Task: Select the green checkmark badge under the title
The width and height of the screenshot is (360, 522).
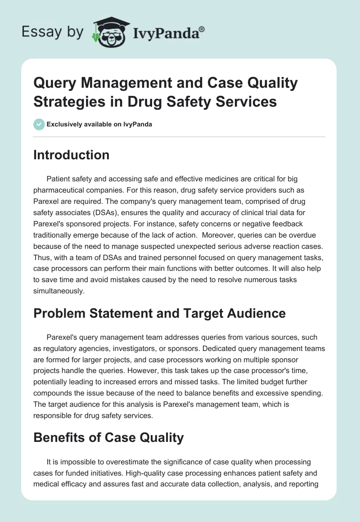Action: click(x=39, y=124)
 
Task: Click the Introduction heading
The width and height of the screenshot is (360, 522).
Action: click(x=71, y=155)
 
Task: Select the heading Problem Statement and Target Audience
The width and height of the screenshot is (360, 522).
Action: click(x=159, y=313)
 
